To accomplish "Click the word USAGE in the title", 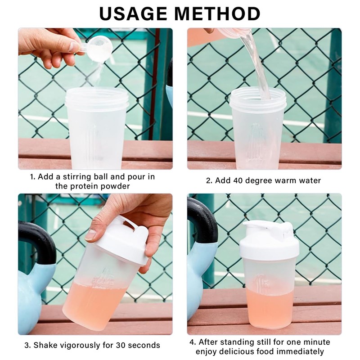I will pyautogui.click(x=134, y=13).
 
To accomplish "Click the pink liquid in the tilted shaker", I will pyautogui.click(x=94, y=304).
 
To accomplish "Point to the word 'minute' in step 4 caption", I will pyautogui.click(x=317, y=342).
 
